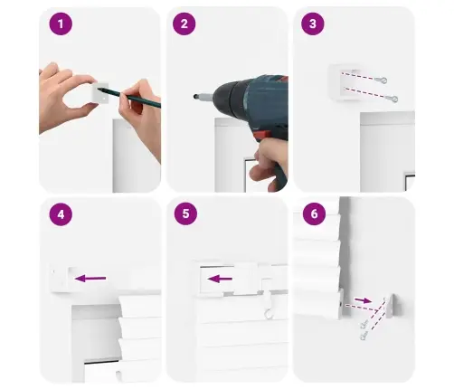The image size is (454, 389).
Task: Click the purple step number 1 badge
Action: coord(61,24)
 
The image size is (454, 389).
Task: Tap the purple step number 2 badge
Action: coord(184,24)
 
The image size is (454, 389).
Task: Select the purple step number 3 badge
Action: coord(313,24)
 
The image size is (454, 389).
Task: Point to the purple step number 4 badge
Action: coord(61,214)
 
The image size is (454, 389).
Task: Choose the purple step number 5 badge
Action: coord(185,213)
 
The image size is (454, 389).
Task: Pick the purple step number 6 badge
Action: coord(314,213)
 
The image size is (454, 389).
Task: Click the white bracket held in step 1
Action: coord(100,93)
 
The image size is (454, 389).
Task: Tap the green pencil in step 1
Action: coord(129,96)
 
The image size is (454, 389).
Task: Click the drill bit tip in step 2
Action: coord(195,97)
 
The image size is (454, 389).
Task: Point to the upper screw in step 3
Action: coord(381,80)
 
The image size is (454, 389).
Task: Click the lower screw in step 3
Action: coord(392,99)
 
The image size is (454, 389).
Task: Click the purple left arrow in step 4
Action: coord(90,279)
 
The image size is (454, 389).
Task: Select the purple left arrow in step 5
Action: coord(220,279)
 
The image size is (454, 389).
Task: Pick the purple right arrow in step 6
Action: coord(363,300)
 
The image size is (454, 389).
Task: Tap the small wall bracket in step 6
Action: coord(392,306)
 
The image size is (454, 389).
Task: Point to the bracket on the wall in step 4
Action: coord(61,279)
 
